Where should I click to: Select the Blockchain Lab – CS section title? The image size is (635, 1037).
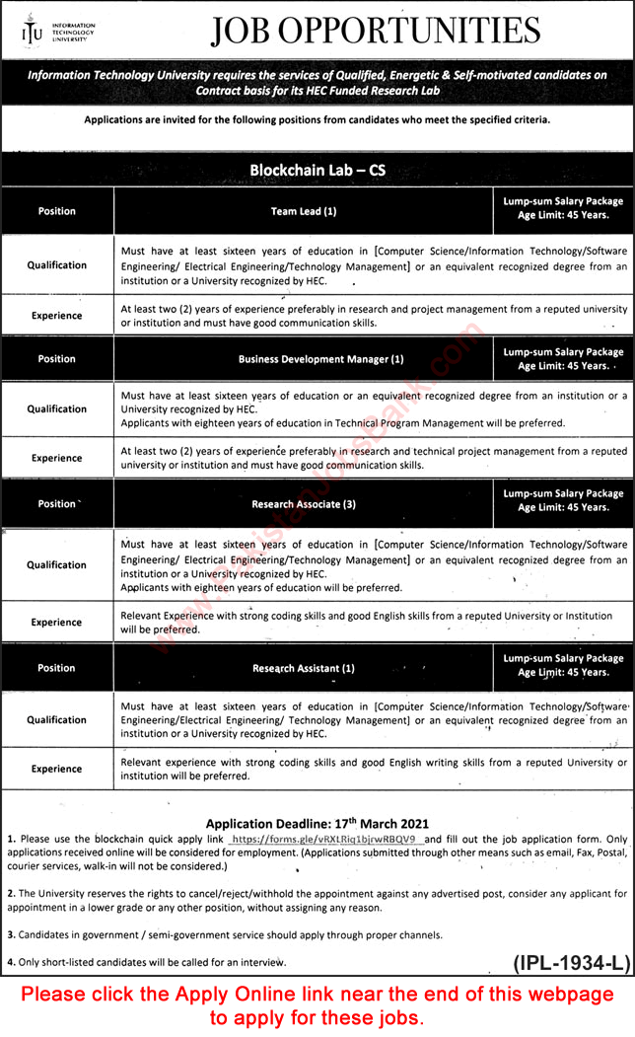pos(317,170)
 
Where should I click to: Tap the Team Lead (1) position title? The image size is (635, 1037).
pos(304,211)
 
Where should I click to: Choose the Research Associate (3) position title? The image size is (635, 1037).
pos(304,504)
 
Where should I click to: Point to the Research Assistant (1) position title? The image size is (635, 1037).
pos(304,668)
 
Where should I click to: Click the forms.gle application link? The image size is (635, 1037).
pos(328,839)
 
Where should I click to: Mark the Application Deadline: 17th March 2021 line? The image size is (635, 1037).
pos(317,822)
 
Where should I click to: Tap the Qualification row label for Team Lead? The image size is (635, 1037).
pos(57,265)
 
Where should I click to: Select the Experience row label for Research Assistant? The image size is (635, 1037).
pos(57,769)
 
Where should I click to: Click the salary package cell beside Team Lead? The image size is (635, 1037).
pos(563,208)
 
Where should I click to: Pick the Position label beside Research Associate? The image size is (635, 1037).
pos(57,504)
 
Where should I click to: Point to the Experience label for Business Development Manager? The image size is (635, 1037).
pos(57,459)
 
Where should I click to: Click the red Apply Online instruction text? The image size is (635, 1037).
pos(317,1005)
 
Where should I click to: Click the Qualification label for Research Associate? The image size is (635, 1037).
pos(57,565)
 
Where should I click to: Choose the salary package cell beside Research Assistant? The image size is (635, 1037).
pos(563,665)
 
